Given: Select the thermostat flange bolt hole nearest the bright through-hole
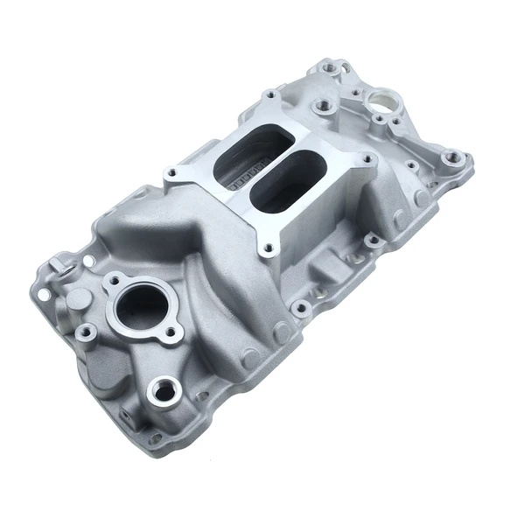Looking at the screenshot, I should (x=112, y=282).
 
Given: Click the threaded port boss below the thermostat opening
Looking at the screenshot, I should (x=164, y=390).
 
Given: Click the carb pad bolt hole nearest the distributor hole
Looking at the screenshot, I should (x=326, y=108).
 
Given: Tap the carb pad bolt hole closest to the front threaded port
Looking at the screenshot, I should (x=269, y=248).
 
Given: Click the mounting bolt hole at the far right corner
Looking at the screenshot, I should (x=453, y=158).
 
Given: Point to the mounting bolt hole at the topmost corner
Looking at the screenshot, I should (x=331, y=66).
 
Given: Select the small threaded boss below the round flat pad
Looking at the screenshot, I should (x=87, y=332).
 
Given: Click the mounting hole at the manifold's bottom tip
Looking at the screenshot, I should (x=156, y=437).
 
